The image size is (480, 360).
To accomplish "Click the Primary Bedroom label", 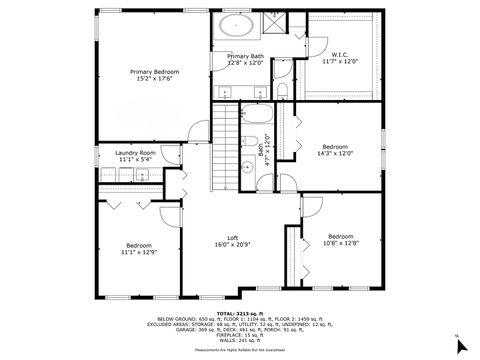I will tap(152, 72).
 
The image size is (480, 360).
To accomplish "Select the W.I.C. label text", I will tap(339, 53).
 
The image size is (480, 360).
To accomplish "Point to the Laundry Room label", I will tap(135, 152).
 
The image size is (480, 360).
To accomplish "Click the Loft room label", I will tap(232, 238).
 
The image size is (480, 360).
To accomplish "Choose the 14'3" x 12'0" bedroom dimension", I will tap(336, 153).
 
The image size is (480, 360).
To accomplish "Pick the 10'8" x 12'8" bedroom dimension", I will tap(340, 243).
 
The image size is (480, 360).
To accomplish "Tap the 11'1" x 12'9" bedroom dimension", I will tap(138, 253).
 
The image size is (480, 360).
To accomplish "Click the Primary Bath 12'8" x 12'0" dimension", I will tap(245, 63).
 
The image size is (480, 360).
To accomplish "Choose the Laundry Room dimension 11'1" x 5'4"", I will tap(135, 160).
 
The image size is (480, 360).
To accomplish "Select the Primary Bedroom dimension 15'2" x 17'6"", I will tap(152, 80).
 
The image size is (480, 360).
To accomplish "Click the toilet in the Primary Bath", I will tap(283, 93).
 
